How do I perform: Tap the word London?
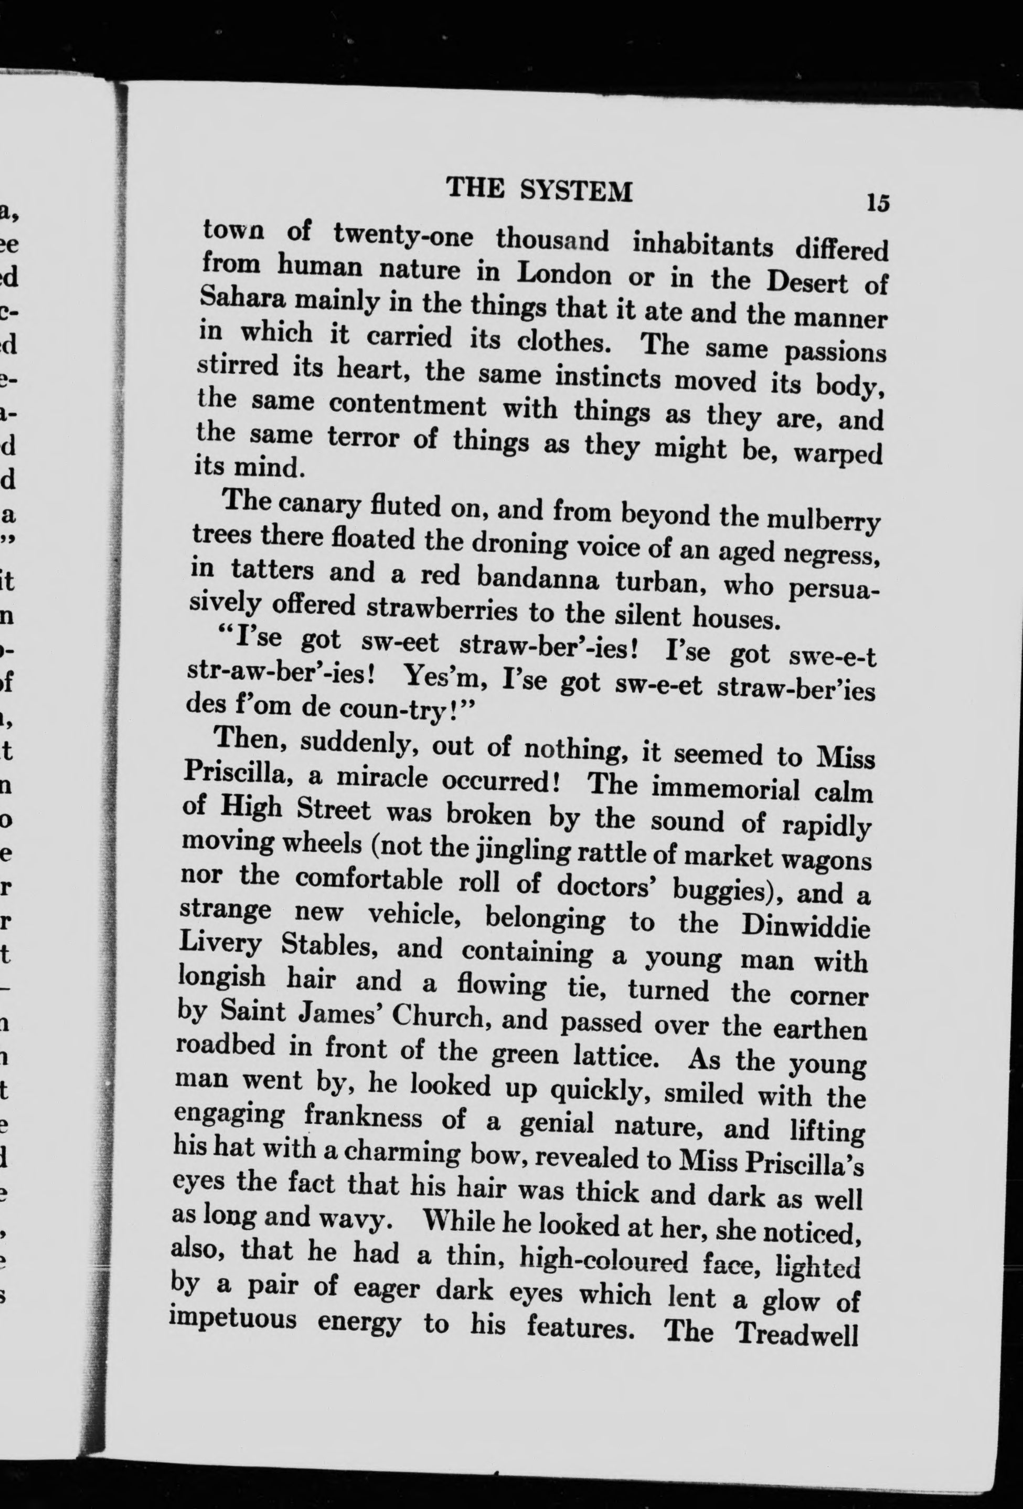tap(563, 273)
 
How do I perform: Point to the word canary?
tap(317, 504)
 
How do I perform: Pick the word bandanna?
tap(537, 578)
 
